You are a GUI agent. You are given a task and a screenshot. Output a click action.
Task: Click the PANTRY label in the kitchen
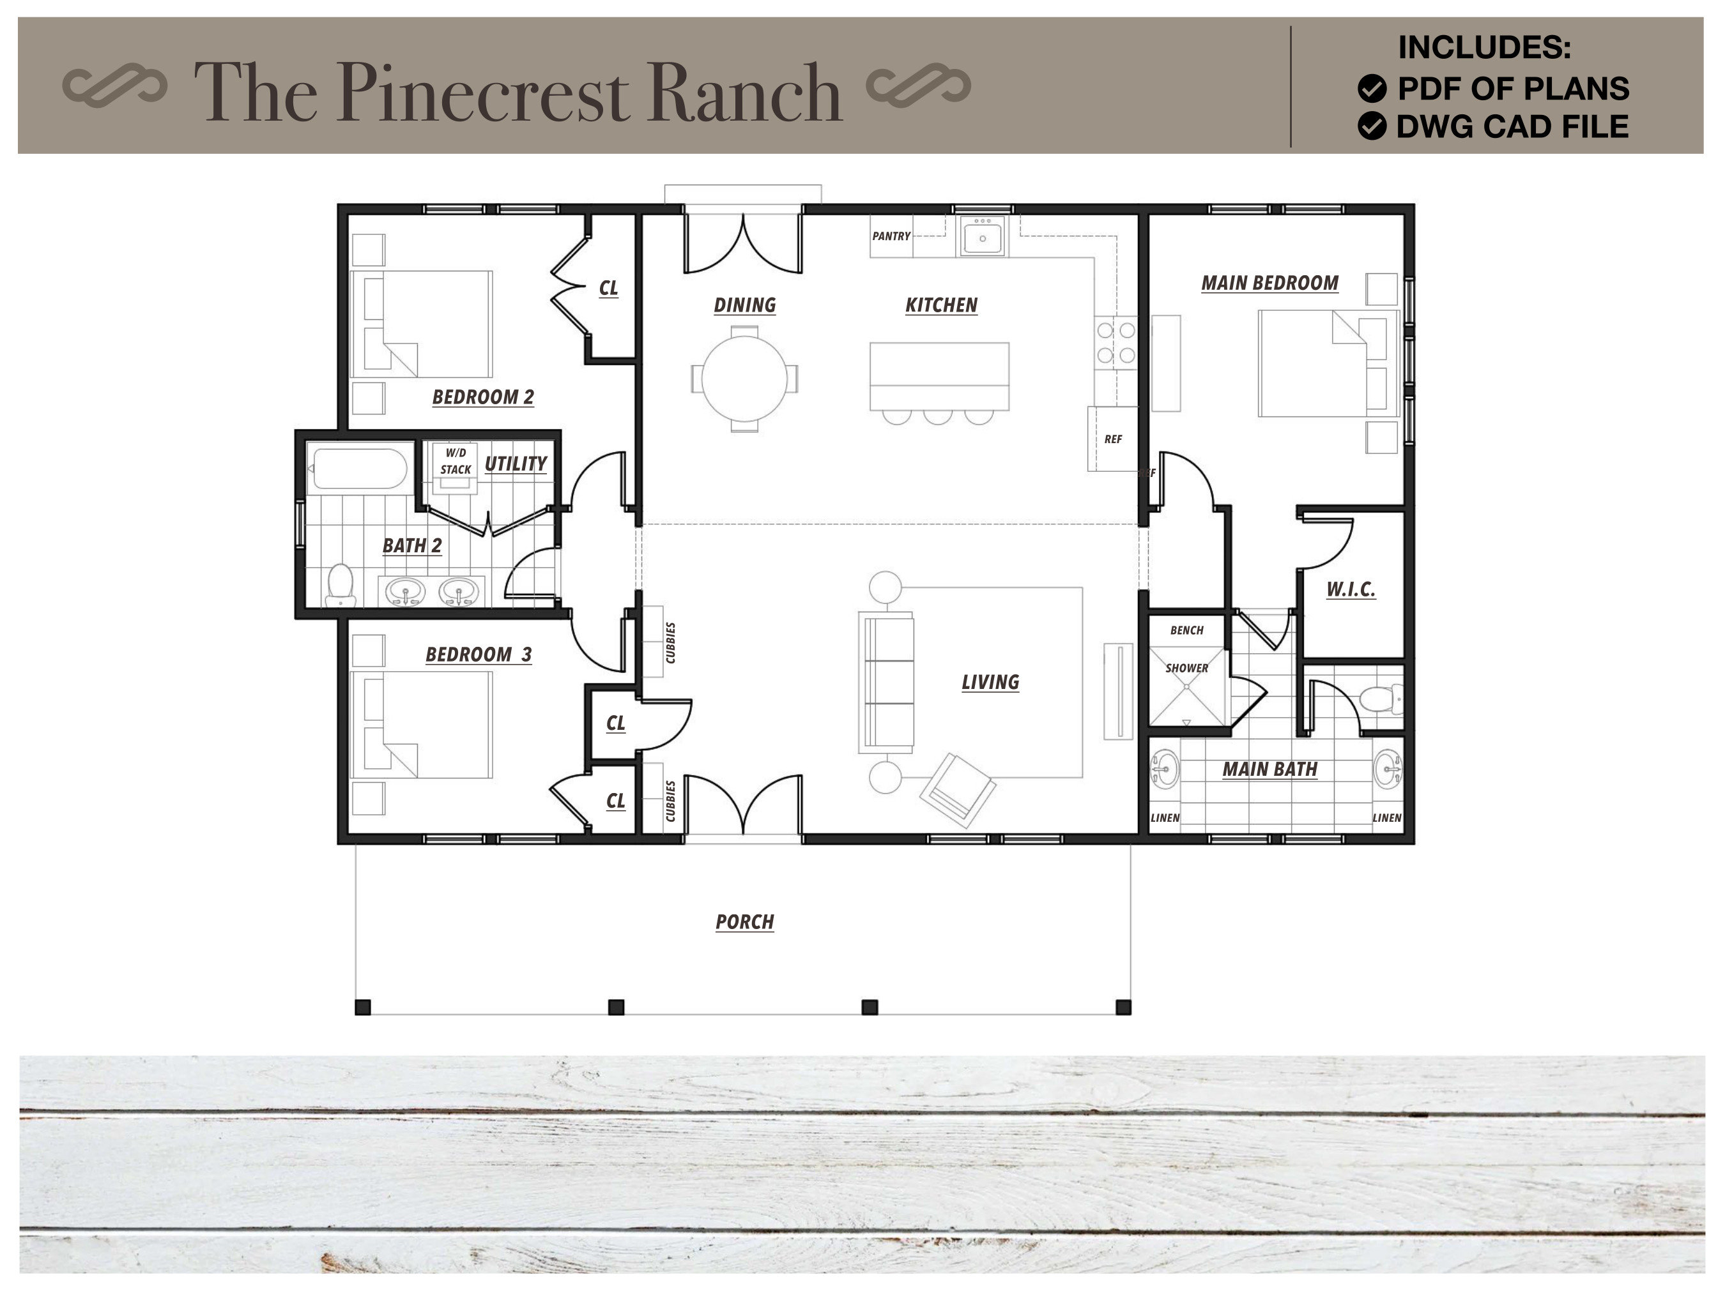[x=891, y=236]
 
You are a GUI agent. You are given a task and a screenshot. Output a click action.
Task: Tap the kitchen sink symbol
[x=982, y=236]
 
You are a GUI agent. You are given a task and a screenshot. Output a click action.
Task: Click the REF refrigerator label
[x=1113, y=439]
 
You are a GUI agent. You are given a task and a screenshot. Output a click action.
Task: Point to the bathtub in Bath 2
[x=358, y=469]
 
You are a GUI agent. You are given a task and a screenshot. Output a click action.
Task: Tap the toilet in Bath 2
[x=340, y=584]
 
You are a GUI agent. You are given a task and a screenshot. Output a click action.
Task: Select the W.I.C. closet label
[x=1351, y=589]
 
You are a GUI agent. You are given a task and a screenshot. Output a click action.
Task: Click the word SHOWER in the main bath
[x=1186, y=669]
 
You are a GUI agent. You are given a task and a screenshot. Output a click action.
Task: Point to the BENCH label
[x=1186, y=630]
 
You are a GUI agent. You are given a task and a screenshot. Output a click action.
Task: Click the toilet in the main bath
[x=1381, y=699]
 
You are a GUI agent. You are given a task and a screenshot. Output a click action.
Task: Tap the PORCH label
[x=745, y=922]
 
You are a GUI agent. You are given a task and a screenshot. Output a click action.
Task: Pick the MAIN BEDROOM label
[x=1269, y=283]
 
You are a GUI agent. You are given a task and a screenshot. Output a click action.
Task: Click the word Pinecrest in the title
[x=484, y=93]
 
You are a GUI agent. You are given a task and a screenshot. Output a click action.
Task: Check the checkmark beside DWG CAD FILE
[x=1372, y=126]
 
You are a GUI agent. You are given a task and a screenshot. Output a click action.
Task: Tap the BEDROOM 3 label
[x=478, y=654]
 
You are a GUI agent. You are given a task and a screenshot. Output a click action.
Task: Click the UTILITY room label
[x=516, y=464]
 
